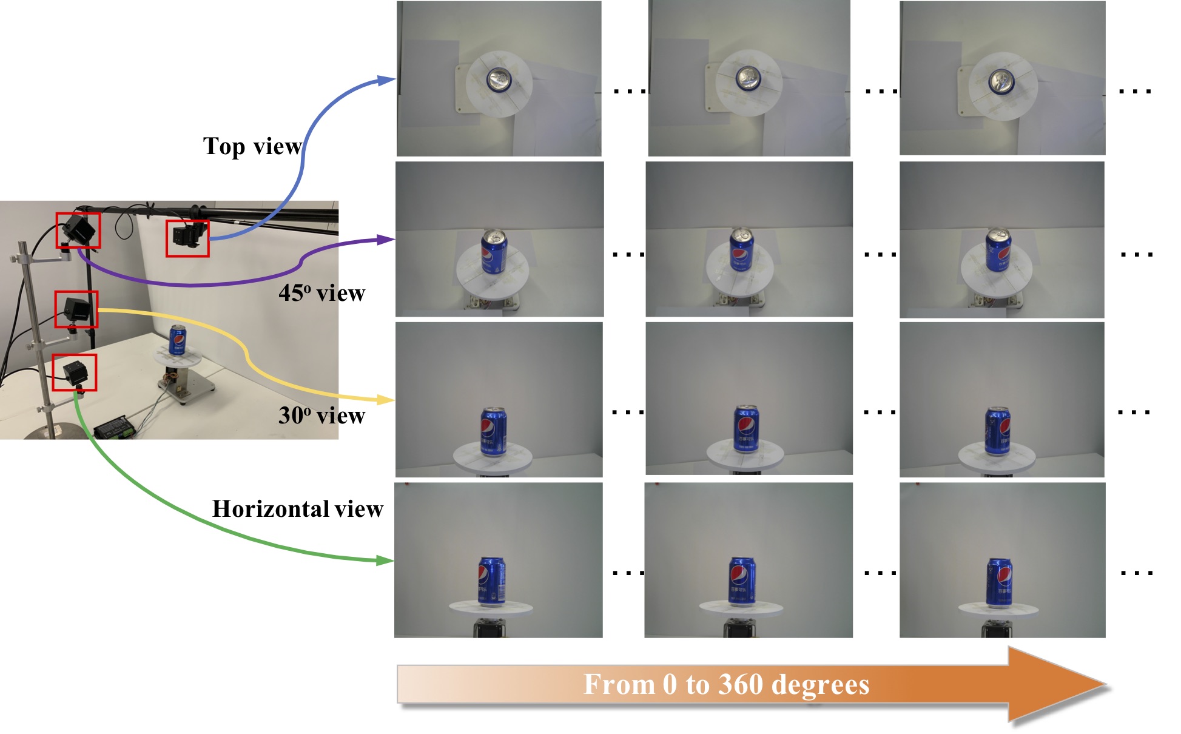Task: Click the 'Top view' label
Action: [x=252, y=146]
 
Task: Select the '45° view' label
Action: [x=321, y=293]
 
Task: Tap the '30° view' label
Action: [x=321, y=416]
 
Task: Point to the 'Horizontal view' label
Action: [x=297, y=509]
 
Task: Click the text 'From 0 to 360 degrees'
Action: [x=726, y=684]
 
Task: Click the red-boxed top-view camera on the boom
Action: [x=187, y=238]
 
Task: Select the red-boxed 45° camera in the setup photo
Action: [x=78, y=230]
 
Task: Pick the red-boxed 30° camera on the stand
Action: [x=76, y=309]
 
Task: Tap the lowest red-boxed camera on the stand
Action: [x=74, y=372]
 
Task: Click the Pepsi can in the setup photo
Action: [x=177, y=339]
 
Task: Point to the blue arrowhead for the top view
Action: [x=386, y=80]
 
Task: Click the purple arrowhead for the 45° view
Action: [x=386, y=240]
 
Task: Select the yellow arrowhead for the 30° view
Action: [x=386, y=400]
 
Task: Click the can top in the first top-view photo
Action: [x=499, y=79]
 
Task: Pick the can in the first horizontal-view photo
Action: [x=492, y=581]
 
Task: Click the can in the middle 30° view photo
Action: [x=745, y=429]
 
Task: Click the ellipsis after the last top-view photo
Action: [x=1135, y=92]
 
